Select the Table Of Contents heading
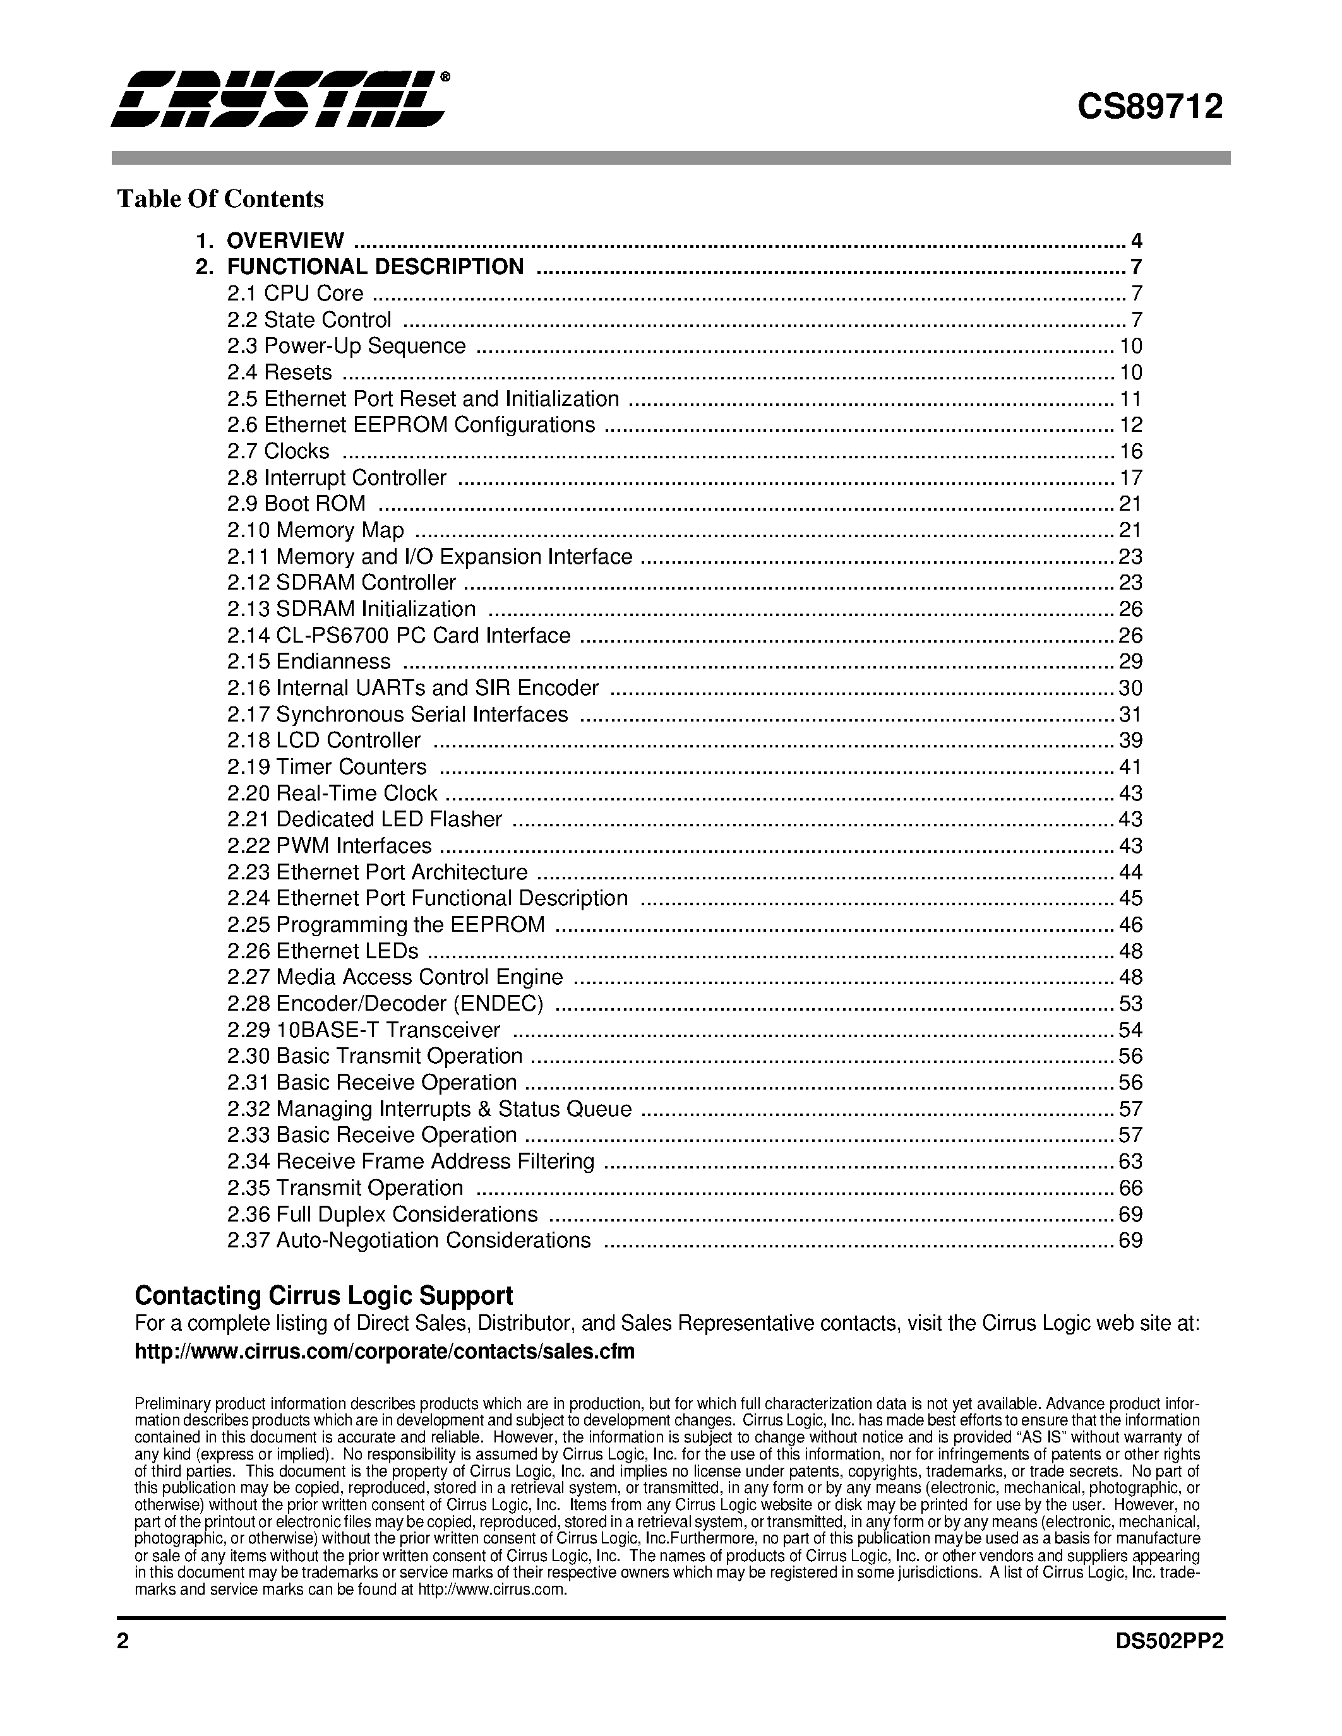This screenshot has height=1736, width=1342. click(220, 199)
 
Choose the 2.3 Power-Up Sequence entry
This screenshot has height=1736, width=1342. click(346, 346)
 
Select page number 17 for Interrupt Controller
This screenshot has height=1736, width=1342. click(1130, 478)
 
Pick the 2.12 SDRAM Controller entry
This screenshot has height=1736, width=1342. click(341, 583)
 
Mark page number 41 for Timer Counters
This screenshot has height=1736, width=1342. click(1130, 767)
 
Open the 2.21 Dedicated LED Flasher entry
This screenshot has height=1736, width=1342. click(364, 819)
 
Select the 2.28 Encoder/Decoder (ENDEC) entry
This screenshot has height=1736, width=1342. click(385, 1003)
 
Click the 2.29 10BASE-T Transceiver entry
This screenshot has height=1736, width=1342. click(363, 1030)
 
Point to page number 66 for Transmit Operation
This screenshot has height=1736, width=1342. click(1130, 1187)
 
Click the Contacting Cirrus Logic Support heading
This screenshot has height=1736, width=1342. click(323, 1295)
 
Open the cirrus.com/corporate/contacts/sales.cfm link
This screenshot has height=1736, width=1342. click(385, 1352)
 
